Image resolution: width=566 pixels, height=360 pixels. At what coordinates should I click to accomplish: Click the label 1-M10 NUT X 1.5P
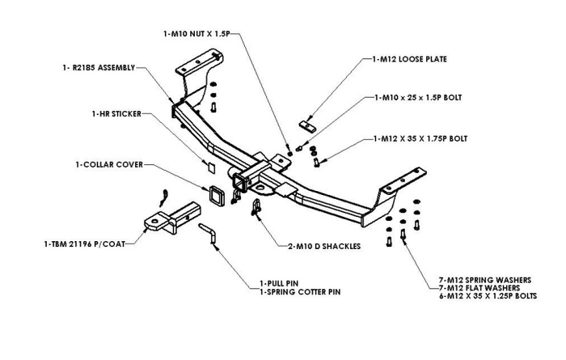click(201, 34)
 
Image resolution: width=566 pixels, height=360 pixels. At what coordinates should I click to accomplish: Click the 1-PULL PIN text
click(279, 282)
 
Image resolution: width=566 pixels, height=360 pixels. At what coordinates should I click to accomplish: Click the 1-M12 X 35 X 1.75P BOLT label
click(420, 138)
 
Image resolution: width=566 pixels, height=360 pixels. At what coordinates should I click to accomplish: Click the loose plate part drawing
click(307, 126)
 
